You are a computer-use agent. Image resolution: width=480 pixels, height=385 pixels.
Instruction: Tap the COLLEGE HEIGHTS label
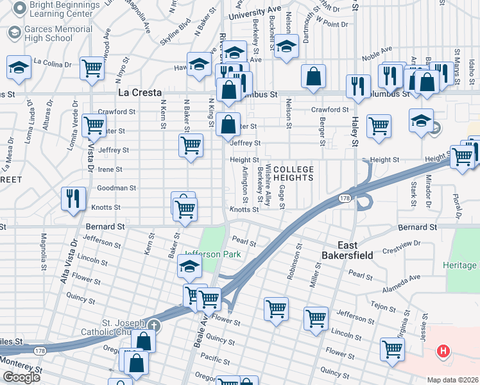point(293,174)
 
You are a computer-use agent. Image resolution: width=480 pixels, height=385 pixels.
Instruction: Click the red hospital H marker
point(442,350)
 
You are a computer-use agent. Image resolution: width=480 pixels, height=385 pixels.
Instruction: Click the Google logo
point(21,377)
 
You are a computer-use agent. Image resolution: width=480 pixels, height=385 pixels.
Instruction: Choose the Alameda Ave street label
point(402,277)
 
